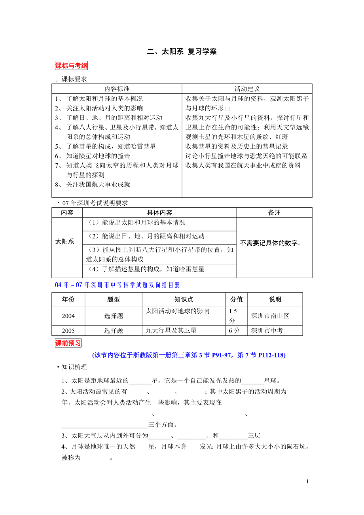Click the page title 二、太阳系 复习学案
(182, 52)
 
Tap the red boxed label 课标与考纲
(71, 66)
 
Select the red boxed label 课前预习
(68, 343)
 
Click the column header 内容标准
(117, 89)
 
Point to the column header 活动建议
(247, 89)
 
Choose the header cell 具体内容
(159, 213)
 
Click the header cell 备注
(274, 213)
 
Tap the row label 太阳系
(64, 241)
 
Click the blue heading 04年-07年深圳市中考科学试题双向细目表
(117, 285)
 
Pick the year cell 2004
(68, 316)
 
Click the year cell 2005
(68, 331)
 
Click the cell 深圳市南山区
(270, 316)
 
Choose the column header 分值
(237, 299)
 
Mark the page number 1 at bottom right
(307, 481)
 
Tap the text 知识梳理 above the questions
(74, 367)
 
